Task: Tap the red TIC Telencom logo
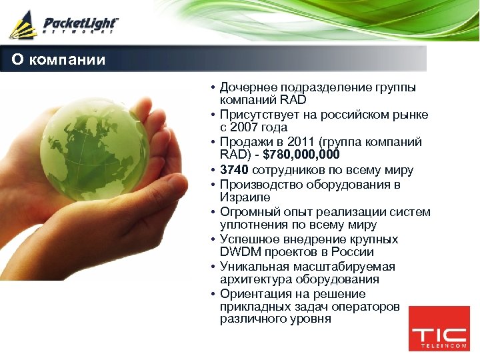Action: [438, 329]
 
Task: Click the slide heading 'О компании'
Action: [59, 60]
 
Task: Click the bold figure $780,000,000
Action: [302, 155]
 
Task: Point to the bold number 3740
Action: [233, 170]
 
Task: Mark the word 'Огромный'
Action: [246, 212]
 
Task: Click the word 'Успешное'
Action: [247, 239]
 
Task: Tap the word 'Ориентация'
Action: [253, 294]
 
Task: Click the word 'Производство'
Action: [257, 184]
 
